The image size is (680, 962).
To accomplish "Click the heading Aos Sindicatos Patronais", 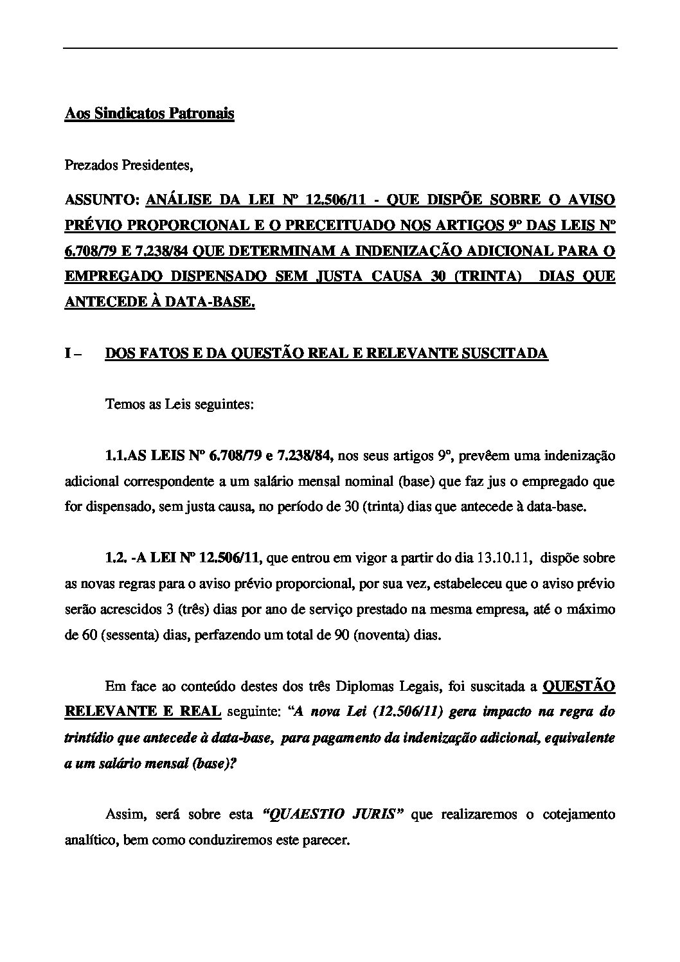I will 149,114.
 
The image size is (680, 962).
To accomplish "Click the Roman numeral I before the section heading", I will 67,353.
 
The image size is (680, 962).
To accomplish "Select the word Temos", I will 121,405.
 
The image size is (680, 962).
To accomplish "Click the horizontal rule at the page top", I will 340,49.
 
